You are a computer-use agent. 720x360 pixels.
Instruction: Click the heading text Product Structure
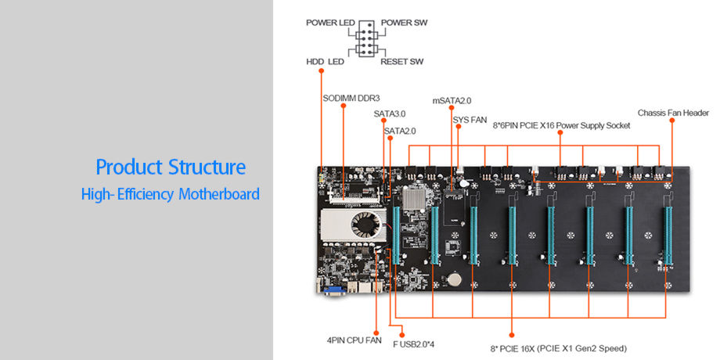tap(170, 167)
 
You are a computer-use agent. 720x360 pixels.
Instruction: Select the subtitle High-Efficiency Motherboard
tap(170, 193)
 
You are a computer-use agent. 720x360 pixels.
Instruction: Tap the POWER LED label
tap(329, 23)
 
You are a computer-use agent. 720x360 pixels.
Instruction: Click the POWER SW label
tap(405, 23)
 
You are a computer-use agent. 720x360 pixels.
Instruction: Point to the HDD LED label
tap(326, 61)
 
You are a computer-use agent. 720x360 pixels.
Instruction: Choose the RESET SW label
tap(403, 61)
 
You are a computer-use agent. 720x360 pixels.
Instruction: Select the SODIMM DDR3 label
tap(351, 99)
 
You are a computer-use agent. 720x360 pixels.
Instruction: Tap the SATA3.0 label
tap(389, 113)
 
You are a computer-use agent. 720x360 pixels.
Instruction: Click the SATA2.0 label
tap(399, 131)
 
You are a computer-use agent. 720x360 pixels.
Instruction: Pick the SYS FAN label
tap(470, 120)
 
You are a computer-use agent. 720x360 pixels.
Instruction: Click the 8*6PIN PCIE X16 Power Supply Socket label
tap(561, 124)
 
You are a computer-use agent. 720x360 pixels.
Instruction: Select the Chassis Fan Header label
tap(673, 113)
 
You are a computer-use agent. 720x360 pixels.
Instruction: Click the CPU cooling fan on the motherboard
tap(366, 225)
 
